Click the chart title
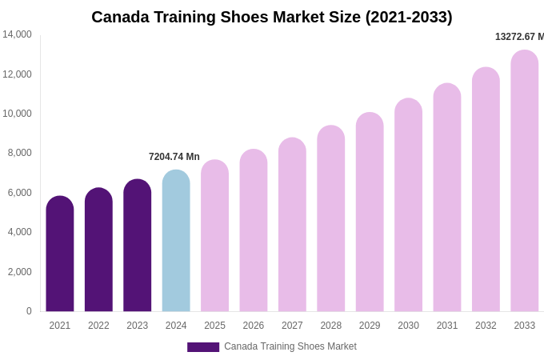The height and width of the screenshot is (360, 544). click(272, 17)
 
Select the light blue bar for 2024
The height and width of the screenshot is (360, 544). click(176, 241)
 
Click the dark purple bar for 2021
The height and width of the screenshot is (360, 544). click(60, 254)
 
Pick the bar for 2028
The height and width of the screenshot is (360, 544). click(331, 218)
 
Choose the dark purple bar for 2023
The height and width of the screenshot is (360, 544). click(138, 246)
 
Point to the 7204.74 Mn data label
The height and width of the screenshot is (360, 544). click(174, 157)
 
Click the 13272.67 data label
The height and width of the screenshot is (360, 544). click(519, 37)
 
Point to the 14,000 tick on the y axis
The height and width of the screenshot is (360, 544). click(18, 34)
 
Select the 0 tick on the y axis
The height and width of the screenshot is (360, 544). click(29, 311)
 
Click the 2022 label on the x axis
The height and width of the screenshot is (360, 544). click(98, 326)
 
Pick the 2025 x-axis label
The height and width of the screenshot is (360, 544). click(214, 326)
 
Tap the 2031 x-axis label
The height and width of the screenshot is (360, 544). click(447, 326)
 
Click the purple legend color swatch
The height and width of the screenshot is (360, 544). click(203, 347)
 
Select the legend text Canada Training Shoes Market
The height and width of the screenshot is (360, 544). click(290, 346)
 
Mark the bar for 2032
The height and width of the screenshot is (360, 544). click(486, 190)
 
